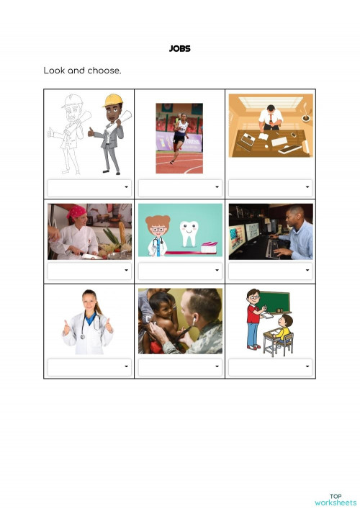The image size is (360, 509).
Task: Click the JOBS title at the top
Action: (180, 49)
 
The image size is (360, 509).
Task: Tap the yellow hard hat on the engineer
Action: (113, 100)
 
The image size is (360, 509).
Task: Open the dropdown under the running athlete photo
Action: (180, 187)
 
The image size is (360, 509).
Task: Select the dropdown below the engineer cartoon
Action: (89, 187)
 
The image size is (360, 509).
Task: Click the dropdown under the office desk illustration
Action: (271, 187)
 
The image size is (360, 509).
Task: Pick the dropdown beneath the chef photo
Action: (89, 271)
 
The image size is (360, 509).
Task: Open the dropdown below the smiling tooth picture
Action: (180, 271)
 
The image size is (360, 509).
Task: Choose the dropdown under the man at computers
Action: (271, 271)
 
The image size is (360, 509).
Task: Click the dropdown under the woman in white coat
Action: (89, 367)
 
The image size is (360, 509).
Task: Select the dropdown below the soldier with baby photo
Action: (180, 367)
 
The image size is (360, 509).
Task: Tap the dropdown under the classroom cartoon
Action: (271, 367)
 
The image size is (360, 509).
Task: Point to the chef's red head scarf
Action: (77, 212)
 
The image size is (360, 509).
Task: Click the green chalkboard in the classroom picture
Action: (275, 302)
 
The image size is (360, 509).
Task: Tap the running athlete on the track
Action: (180, 137)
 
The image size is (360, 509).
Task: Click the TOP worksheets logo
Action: (336, 499)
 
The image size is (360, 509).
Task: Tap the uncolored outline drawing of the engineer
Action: (70, 133)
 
